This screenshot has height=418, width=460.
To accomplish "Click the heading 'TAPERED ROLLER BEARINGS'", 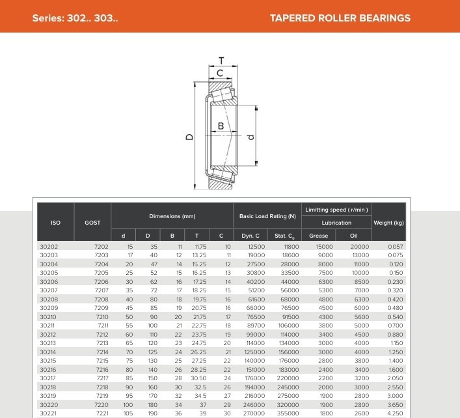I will [x=340, y=18].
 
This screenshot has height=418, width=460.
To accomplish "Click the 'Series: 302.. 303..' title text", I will [x=75, y=18].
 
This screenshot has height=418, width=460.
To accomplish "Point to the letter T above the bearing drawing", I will [x=221, y=61].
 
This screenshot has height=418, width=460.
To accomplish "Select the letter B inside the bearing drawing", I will [x=221, y=126].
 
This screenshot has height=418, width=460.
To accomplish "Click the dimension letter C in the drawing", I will [x=220, y=73].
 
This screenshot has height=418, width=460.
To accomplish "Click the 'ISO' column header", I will [x=55, y=223].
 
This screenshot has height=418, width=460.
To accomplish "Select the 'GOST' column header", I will [x=92, y=223].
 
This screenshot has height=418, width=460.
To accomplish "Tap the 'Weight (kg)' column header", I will [x=388, y=223].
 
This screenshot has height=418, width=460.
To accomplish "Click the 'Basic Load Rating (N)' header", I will [x=267, y=216].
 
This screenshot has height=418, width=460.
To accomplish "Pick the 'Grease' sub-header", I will [x=319, y=235].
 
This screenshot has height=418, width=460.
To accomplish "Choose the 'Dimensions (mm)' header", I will [x=172, y=216].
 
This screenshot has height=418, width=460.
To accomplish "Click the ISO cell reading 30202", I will [x=49, y=247].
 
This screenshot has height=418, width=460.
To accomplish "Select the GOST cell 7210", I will [x=101, y=316].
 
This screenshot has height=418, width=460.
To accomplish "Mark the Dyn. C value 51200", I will [x=256, y=290].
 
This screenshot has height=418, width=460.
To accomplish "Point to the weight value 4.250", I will [x=396, y=413].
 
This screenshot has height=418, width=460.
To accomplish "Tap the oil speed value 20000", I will [x=359, y=247].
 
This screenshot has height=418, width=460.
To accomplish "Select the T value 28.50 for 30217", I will [x=198, y=378].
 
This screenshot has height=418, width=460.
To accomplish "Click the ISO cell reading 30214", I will [x=49, y=352].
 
